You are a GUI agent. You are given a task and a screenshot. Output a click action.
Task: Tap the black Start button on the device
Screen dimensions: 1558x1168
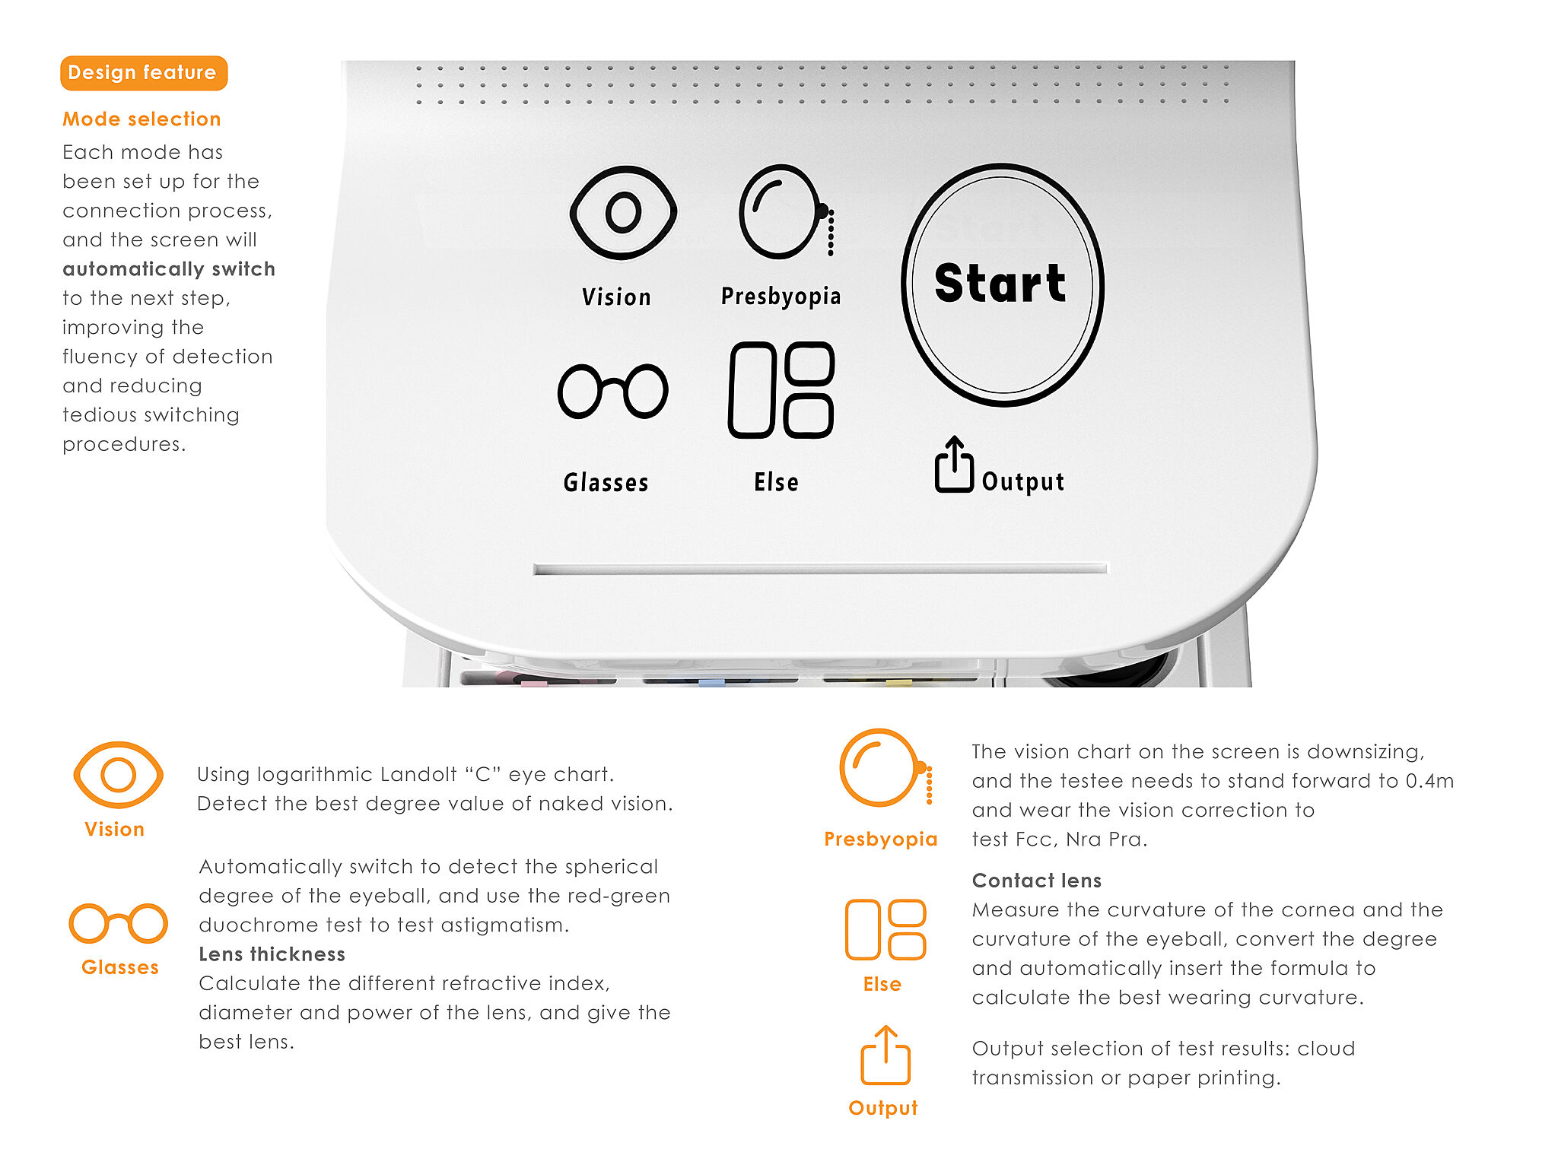(1003, 284)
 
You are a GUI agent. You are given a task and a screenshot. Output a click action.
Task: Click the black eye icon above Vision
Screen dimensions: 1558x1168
(623, 212)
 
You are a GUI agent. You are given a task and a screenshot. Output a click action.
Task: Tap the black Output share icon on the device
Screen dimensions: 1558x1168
(954, 465)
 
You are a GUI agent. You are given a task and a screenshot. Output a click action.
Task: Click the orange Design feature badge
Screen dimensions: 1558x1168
(144, 73)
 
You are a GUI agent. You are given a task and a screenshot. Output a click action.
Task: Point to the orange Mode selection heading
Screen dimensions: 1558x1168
(141, 119)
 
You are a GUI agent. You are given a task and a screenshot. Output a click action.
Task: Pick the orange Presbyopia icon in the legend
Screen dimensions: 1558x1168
(885, 767)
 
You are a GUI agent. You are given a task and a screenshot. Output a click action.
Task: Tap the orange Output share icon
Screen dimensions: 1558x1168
(886, 1055)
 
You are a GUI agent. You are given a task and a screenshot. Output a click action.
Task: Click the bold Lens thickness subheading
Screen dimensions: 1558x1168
(272, 954)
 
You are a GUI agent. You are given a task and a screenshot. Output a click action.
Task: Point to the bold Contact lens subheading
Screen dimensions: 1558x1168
(1037, 881)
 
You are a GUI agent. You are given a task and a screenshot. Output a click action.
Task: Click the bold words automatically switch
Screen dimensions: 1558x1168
(169, 269)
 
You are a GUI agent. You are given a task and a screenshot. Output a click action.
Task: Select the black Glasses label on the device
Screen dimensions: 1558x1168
(606, 483)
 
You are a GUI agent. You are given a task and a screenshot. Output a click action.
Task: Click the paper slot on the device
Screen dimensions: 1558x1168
(821, 569)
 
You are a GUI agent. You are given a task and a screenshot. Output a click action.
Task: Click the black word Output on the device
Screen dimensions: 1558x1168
(1023, 482)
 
